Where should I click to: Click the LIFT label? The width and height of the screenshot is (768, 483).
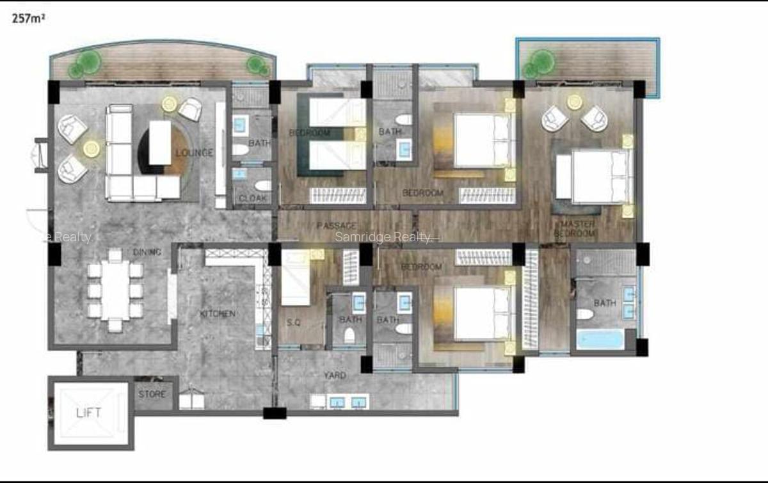point(88,413)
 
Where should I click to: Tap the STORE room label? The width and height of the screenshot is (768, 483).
point(152,394)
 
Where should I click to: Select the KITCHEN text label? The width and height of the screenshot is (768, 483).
point(217,314)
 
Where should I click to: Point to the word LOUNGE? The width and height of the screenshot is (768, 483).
point(194,154)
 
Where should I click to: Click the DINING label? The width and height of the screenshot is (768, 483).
point(147,252)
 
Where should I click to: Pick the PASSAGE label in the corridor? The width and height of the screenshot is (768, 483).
point(337,226)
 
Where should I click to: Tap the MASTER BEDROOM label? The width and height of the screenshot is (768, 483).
point(578,229)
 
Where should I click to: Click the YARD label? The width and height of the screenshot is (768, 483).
point(336,376)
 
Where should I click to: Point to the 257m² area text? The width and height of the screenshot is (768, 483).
point(28,19)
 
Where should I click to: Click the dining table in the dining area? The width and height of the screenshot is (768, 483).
point(115,290)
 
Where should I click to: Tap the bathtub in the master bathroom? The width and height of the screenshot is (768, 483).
point(600,338)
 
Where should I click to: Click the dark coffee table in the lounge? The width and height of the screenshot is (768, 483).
point(160,143)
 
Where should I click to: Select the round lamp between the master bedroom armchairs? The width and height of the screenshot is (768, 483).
point(575,101)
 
